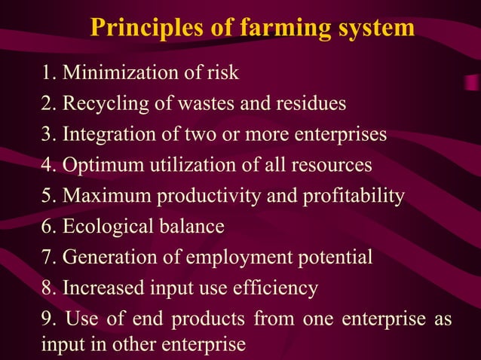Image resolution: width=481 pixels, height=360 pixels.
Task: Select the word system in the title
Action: tap(375, 29)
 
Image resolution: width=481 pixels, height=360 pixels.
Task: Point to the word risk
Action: tap(225, 73)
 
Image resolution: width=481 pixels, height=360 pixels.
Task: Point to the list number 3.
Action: tap(48, 135)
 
